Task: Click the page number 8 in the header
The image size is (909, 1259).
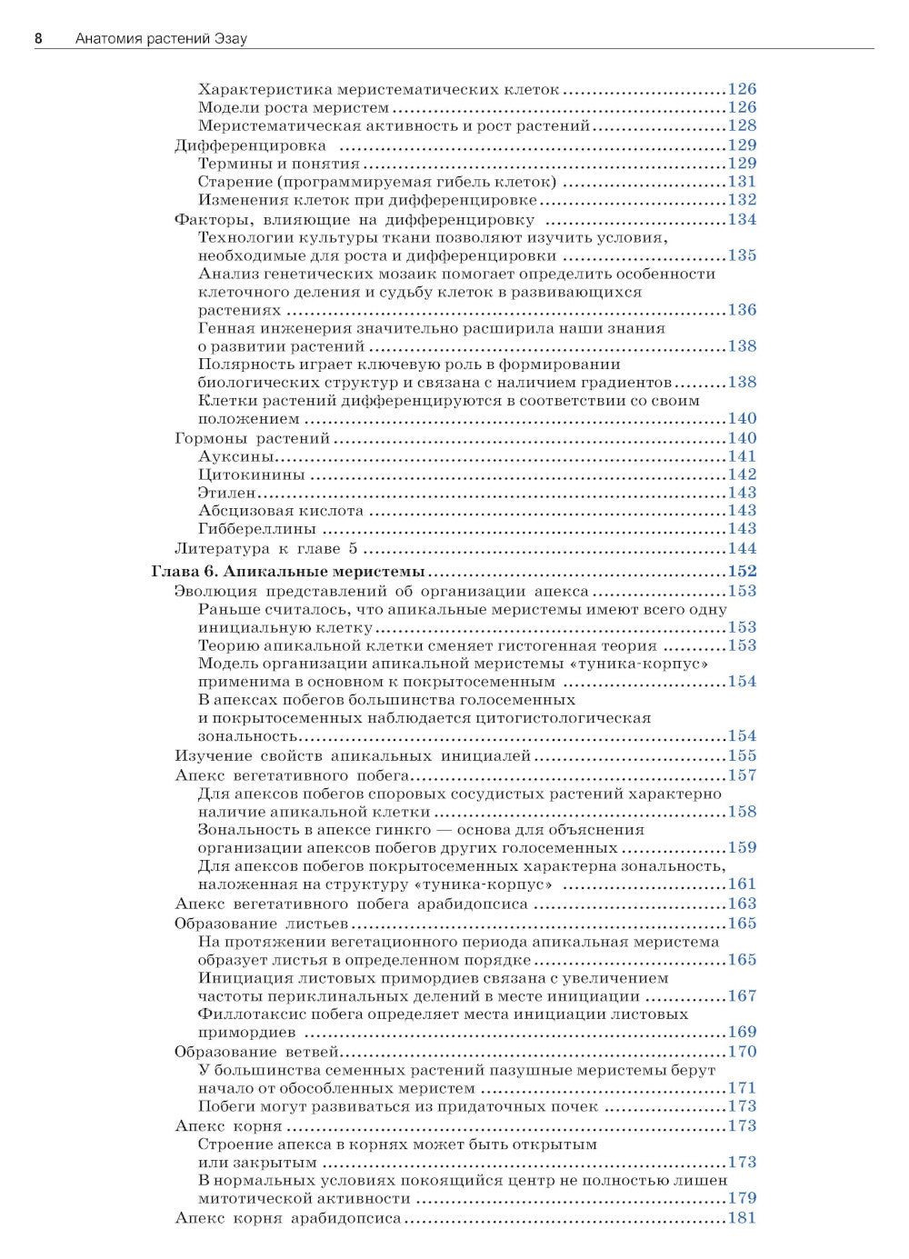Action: tap(38, 38)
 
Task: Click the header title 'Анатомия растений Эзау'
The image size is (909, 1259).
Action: tap(161, 38)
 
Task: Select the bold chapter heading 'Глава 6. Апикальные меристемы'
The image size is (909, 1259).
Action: tap(287, 572)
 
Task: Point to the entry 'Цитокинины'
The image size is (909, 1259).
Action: tap(251, 475)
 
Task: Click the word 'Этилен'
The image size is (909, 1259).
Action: tap(226, 493)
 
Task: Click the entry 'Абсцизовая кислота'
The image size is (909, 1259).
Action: tap(280, 511)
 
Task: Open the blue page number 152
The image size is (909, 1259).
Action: tap(742, 572)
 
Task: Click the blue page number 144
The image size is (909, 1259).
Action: tap(742, 549)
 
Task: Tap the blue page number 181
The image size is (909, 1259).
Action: tap(742, 1218)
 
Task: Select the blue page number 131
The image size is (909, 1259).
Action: tap(742, 182)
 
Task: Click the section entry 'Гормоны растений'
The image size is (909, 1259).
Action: tap(252, 438)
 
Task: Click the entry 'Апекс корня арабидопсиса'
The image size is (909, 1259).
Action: tap(287, 1218)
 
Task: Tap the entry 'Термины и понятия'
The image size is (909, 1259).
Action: tap(278, 164)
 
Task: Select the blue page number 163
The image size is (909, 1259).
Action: tap(742, 904)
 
